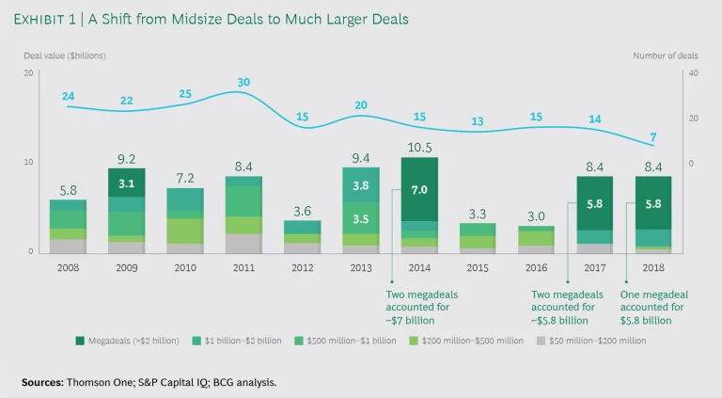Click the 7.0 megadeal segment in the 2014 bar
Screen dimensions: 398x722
419,189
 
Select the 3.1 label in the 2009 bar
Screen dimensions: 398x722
127,183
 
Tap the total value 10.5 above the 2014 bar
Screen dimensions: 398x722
418,148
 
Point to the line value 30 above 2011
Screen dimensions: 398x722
244,83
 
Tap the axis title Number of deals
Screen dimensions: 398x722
665,56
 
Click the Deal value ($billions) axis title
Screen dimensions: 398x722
65,56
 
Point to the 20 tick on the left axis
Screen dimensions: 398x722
29,72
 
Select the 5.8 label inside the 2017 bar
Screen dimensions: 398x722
594,203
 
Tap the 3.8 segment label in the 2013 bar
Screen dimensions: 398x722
361,185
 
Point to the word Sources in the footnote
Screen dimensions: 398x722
43,382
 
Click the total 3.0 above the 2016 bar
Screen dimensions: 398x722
536,215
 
